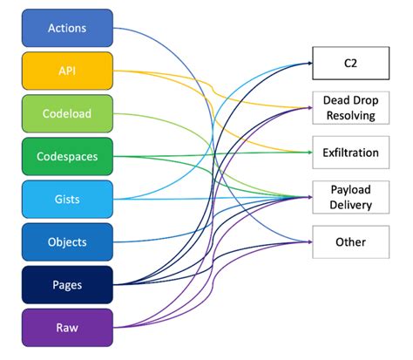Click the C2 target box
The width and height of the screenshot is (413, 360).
coord(349,64)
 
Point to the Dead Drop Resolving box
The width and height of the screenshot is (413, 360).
coord(349,108)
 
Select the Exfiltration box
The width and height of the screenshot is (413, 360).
coord(349,153)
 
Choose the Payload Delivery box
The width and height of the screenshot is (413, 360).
coord(349,197)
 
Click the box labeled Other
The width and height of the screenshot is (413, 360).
coord(349,241)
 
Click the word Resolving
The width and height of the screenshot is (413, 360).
coord(349,115)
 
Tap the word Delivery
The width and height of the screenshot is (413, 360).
coord(349,205)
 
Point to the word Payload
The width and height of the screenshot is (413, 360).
coord(349,189)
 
